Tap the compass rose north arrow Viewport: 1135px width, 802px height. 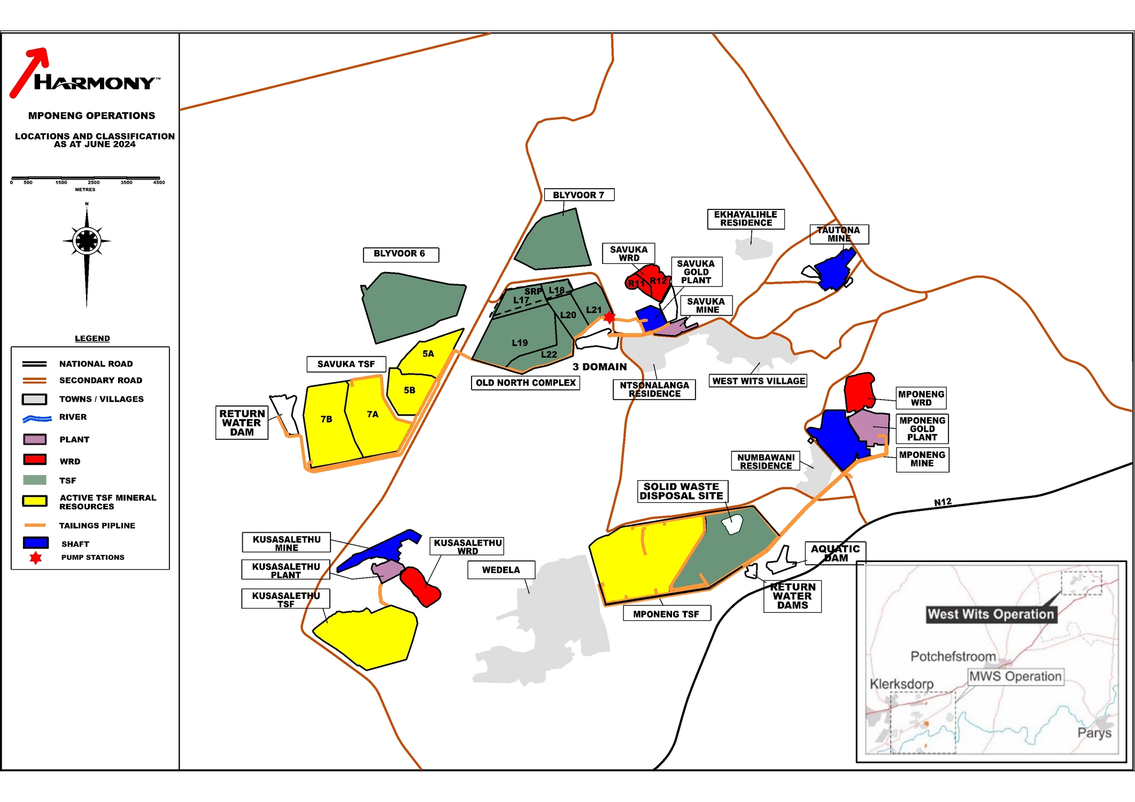click(x=87, y=242)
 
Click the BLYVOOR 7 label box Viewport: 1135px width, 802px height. click(x=578, y=195)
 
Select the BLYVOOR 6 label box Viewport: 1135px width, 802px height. click(x=400, y=254)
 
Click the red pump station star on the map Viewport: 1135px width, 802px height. click(x=609, y=317)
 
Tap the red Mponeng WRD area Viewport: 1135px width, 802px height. click(x=859, y=392)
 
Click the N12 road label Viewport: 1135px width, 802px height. click(x=943, y=502)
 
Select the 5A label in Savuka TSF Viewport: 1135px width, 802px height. click(x=428, y=354)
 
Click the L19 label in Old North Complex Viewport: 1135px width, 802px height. click(x=520, y=343)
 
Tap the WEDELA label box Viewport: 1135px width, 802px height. click(x=501, y=570)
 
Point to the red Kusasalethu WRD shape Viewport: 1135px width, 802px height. click(x=420, y=586)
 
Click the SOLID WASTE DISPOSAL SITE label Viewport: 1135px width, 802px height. click(x=682, y=492)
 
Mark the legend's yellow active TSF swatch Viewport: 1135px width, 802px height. click(x=35, y=501)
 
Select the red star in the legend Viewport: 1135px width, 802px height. click(x=36, y=558)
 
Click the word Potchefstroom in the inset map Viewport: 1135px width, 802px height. click(x=953, y=656)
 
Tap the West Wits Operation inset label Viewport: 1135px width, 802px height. click(x=991, y=614)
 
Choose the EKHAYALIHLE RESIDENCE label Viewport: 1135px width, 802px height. click(x=746, y=219)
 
